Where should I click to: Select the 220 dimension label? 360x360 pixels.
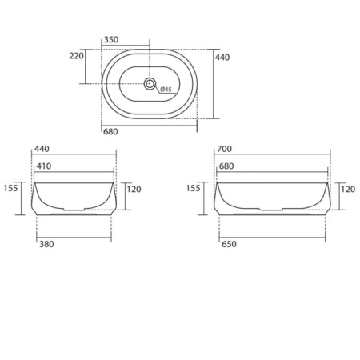77,56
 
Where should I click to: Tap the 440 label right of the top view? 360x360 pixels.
222,57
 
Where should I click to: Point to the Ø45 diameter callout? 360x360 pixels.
166,89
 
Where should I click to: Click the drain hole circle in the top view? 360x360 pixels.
150,83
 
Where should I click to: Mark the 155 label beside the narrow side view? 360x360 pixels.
10,189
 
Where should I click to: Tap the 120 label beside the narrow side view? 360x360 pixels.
134,190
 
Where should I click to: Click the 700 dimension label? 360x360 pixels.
224,150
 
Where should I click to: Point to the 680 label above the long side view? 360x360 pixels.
226,166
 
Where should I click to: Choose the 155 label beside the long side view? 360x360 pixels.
194,189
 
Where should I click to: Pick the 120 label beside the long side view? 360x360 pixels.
348,190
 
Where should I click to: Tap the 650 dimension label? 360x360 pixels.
230,246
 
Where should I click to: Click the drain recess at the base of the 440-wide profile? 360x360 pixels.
74,214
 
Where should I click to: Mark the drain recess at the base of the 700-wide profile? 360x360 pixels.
271,214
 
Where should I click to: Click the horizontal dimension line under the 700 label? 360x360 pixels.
272,157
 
